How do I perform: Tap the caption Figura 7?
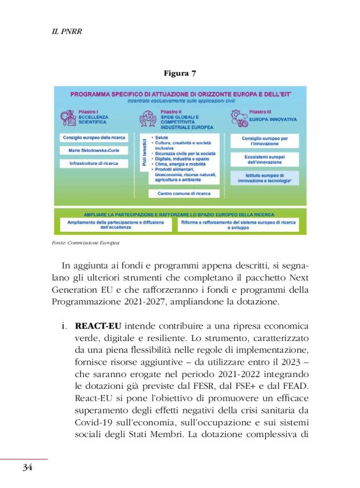click(180, 74)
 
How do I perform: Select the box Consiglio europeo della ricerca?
click(94, 137)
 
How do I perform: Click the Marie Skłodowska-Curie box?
click(94, 151)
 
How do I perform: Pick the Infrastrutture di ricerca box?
click(94, 164)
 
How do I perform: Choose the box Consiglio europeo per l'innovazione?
click(264, 141)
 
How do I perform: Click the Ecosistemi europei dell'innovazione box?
click(264, 159)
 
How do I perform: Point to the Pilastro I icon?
click(70, 117)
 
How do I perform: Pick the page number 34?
click(27, 467)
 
